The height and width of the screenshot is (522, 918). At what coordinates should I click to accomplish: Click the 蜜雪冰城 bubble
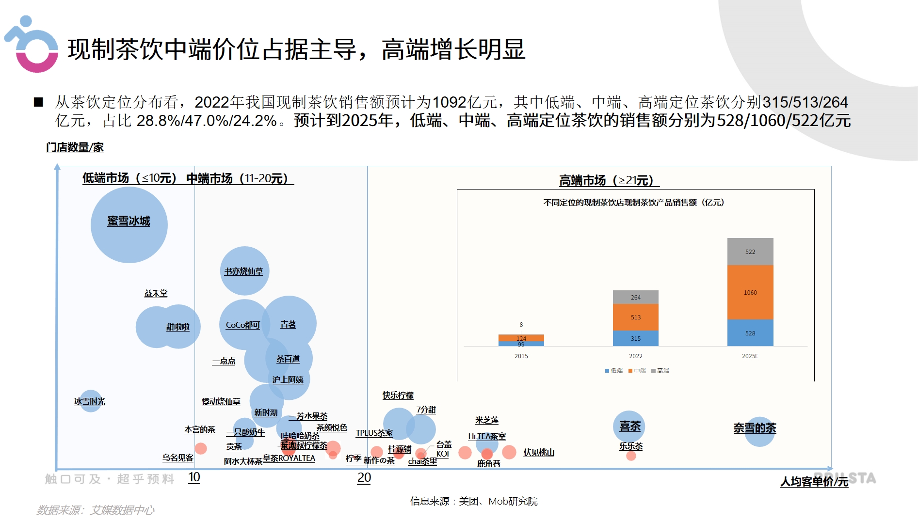click(129, 225)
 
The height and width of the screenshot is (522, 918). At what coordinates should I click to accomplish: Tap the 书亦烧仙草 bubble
click(244, 271)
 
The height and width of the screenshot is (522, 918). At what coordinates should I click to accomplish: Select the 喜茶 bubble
click(629, 426)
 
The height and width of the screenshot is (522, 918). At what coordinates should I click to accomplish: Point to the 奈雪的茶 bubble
click(759, 431)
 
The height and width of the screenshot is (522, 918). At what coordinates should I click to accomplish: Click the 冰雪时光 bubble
click(90, 401)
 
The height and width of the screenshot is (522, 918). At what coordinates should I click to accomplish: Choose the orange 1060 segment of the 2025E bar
click(750, 292)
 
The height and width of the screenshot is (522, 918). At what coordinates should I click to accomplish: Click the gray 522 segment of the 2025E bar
click(750, 252)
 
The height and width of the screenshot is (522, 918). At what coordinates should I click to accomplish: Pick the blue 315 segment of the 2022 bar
click(635, 338)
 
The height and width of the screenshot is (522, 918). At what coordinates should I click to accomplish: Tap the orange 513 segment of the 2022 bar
click(635, 317)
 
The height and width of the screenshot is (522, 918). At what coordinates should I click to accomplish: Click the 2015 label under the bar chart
click(521, 356)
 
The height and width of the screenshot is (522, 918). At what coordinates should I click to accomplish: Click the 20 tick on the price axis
click(364, 478)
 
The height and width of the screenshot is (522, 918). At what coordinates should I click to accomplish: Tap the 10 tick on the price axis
click(194, 478)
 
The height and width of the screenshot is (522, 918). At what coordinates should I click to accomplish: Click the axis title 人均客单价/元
click(814, 482)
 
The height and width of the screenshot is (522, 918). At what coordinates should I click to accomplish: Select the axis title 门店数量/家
click(75, 147)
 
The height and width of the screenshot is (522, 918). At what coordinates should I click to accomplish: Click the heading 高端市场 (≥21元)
click(609, 181)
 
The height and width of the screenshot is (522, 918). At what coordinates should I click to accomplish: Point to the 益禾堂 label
click(156, 293)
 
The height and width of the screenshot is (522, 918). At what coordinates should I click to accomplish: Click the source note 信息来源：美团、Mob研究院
click(474, 501)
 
